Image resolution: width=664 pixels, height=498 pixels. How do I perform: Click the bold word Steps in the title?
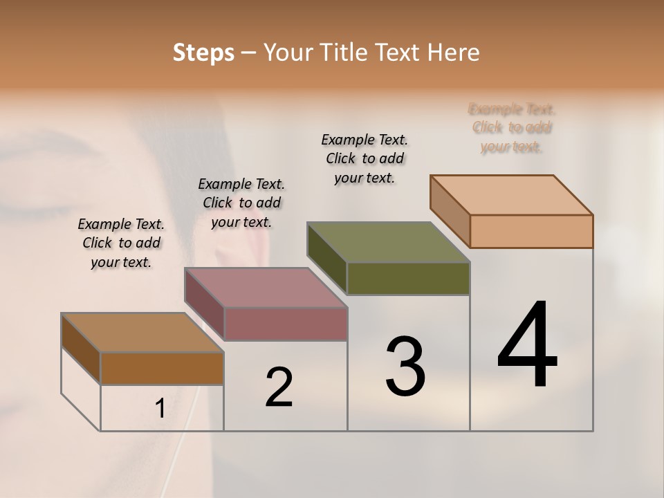pos(203,53)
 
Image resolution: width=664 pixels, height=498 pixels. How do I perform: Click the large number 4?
pos(527,346)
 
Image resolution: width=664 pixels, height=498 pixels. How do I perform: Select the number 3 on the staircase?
pos(405,367)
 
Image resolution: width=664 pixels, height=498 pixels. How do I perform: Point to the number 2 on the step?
pos(279,387)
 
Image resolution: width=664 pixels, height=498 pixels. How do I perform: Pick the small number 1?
pos(160,409)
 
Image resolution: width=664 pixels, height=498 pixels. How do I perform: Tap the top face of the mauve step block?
pos(266,288)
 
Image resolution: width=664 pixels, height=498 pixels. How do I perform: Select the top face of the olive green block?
pos(389,243)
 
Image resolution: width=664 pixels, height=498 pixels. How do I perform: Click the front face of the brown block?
pos(162,369)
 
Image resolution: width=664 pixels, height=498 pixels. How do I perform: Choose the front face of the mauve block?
pos(286,324)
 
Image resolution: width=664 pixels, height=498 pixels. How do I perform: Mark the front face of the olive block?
pos(408,279)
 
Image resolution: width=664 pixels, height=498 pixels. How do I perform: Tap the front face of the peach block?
pos(531,231)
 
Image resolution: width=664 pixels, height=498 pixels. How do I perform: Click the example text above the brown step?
pos(121,243)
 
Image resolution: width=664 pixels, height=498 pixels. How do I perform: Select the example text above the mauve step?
pos(241,203)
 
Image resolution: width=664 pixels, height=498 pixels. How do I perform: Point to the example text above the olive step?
pos(365,158)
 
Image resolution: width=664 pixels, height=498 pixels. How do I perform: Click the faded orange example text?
pos(512,128)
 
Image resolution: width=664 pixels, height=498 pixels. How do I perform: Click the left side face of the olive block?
pos(327,259)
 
